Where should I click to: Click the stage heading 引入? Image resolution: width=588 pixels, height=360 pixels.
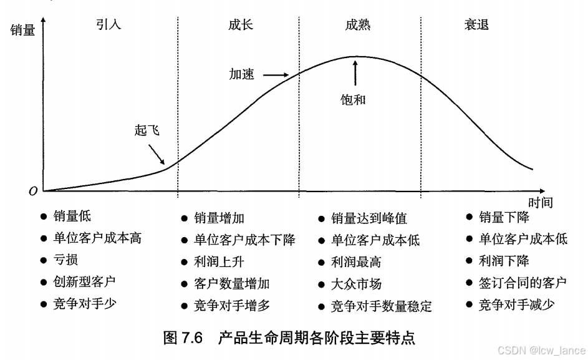108,25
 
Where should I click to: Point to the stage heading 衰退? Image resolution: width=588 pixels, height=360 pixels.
476,25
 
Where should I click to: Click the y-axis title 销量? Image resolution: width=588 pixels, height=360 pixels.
23,29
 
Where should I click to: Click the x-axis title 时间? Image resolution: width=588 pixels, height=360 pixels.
540,202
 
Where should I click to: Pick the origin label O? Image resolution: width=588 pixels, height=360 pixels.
33,192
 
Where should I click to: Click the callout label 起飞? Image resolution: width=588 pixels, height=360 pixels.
147,130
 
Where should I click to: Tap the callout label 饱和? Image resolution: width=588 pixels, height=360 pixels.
354,99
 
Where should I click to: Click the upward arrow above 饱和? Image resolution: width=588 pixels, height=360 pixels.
356,72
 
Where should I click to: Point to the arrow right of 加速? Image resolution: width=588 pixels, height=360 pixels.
275,75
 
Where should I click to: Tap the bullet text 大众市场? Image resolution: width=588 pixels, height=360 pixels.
356,285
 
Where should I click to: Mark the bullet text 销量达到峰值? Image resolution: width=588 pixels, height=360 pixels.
369,218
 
